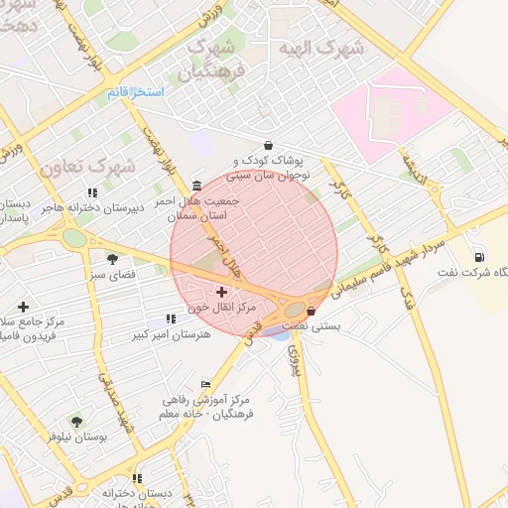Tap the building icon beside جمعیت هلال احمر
[196, 186]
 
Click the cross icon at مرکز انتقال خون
[221, 293]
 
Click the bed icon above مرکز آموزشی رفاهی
[205, 384]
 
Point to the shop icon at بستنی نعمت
[312, 311]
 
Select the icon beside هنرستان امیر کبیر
[171, 318]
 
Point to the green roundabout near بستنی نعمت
[295, 309]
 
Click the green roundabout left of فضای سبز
[74, 238]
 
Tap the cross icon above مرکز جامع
[23, 308]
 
